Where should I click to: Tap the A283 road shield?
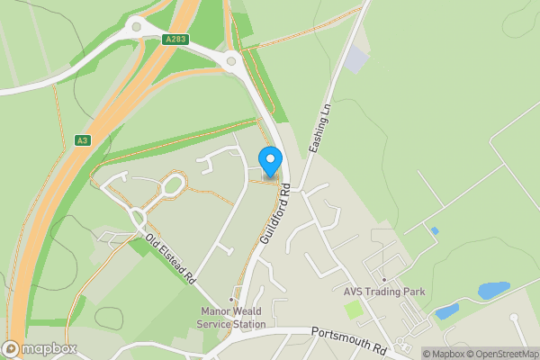pyautogui.click(x=175, y=40)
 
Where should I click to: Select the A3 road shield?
pyautogui.click(x=83, y=140)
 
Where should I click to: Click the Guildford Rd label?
pyautogui.click(x=274, y=215)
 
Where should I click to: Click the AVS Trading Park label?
pyautogui.click(x=383, y=292)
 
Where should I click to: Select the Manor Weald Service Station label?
pyautogui.click(x=232, y=318)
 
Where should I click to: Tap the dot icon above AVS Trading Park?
pyautogui.click(x=383, y=279)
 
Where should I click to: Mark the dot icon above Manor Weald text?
pyautogui.click(x=232, y=300)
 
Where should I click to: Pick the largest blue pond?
pyautogui.click(x=493, y=291)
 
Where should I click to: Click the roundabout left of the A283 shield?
pyautogui.click(x=137, y=27)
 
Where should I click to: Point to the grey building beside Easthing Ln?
pyautogui.click(x=356, y=60)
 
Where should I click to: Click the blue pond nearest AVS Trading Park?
pyautogui.click(x=445, y=312)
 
